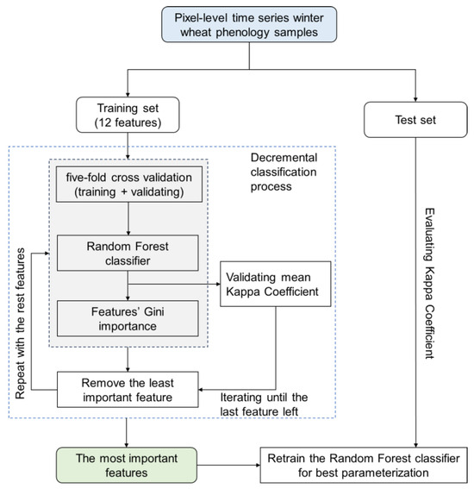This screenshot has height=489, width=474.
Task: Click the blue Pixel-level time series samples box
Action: (x=249, y=25)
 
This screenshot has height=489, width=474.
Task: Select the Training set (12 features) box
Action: (x=128, y=115)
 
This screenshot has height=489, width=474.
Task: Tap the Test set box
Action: (x=415, y=120)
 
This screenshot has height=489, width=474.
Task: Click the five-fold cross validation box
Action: (x=129, y=185)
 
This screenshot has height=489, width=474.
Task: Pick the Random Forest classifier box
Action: (x=128, y=253)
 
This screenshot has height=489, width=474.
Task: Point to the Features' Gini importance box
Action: (x=128, y=318)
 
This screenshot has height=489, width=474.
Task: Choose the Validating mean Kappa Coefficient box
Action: (x=276, y=284)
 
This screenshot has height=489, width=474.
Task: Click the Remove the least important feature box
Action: (x=128, y=390)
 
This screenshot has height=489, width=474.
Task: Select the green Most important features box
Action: (x=127, y=466)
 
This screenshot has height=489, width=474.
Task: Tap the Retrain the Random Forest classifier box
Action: (x=364, y=466)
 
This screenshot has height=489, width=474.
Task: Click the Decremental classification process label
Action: (x=284, y=172)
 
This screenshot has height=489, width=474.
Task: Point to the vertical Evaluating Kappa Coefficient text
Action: (x=430, y=284)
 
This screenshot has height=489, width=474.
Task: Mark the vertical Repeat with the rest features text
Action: (x=21, y=323)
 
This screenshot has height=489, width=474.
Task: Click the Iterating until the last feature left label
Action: (x=264, y=404)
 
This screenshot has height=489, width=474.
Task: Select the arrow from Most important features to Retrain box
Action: (x=228, y=466)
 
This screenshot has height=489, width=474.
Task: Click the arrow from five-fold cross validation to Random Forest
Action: (x=128, y=218)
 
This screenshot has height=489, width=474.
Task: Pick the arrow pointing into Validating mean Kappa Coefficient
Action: (x=174, y=284)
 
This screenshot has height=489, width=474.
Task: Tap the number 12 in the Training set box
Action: (x=104, y=122)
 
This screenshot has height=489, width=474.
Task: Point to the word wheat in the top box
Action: (x=196, y=33)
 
